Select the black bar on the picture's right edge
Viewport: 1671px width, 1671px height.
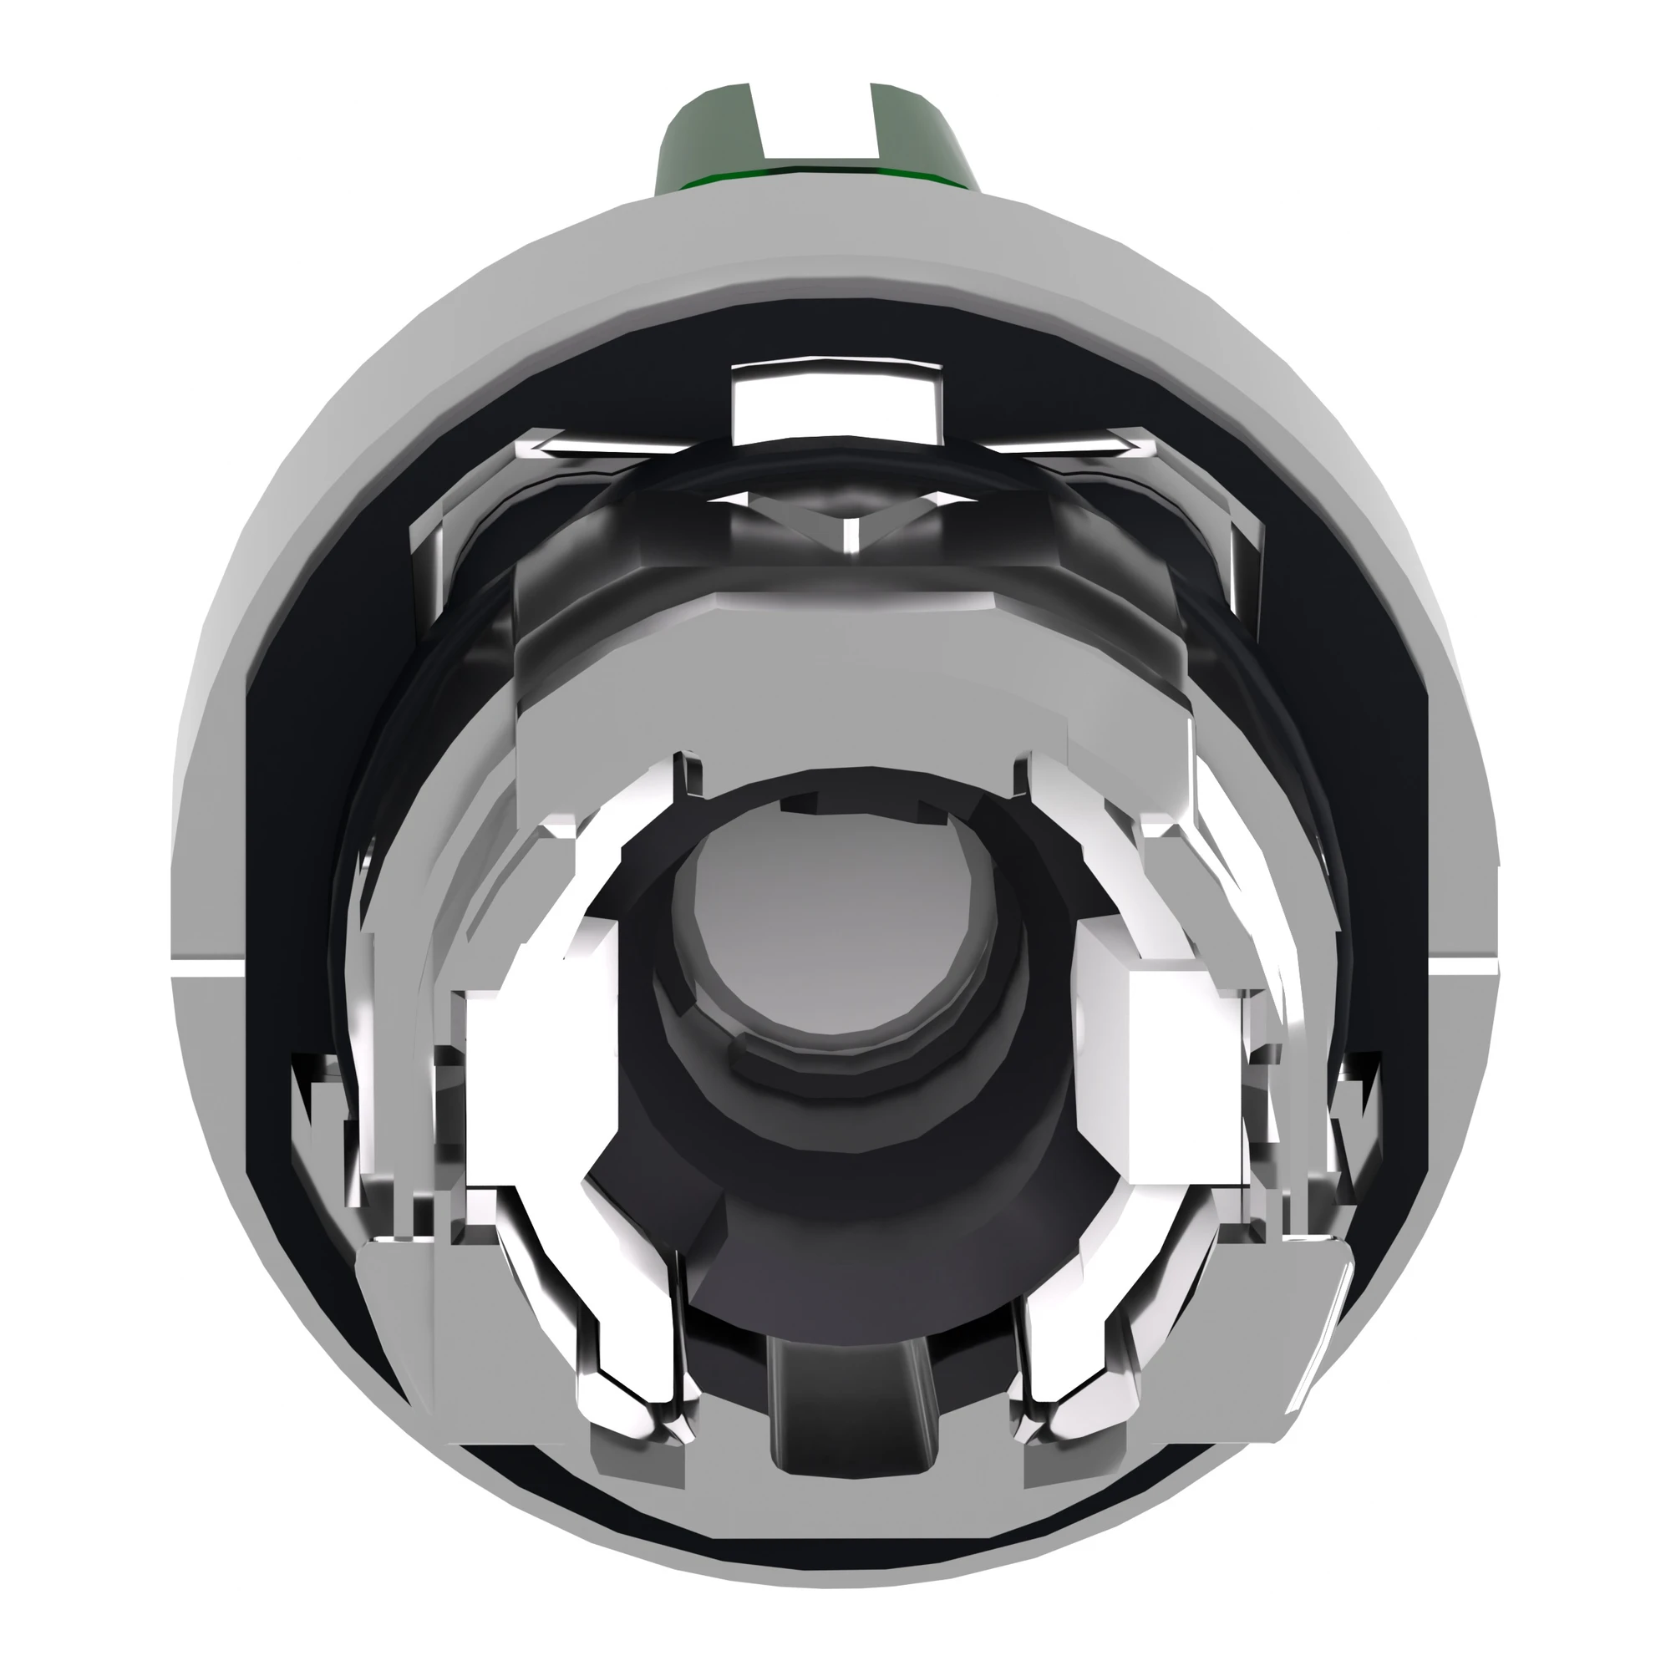click(x=1624, y=835)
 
